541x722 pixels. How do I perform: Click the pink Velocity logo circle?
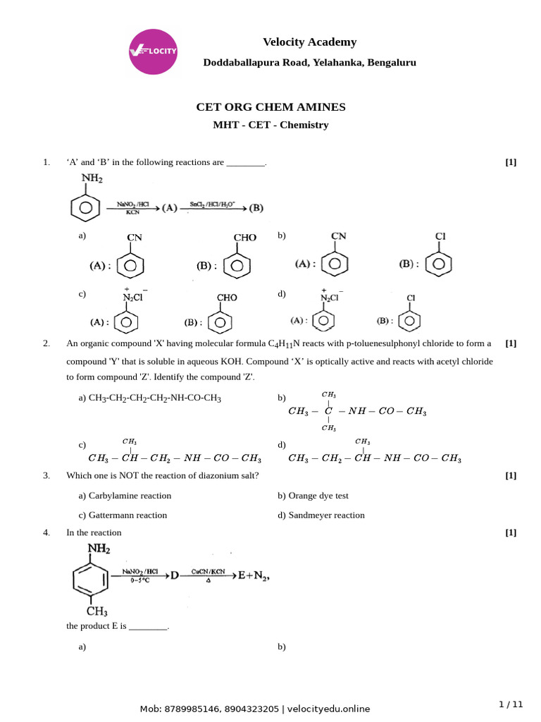(x=153, y=51)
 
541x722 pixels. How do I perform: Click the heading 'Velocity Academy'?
(x=309, y=42)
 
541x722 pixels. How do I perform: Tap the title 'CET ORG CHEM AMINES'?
(x=270, y=107)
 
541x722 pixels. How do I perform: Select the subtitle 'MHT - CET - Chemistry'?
(x=270, y=125)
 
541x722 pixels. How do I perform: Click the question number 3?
(x=46, y=475)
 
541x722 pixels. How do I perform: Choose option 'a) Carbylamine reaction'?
(x=125, y=496)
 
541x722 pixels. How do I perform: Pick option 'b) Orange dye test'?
(x=313, y=496)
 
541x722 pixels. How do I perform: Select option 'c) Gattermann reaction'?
(x=123, y=515)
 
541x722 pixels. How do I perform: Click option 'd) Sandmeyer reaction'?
(x=321, y=515)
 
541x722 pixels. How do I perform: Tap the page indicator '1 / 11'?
(x=511, y=704)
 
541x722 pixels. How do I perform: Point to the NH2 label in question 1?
(x=92, y=179)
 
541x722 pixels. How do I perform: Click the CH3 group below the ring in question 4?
(x=97, y=611)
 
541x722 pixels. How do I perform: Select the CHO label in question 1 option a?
(x=244, y=238)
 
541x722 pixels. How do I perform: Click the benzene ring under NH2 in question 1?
(x=85, y=209)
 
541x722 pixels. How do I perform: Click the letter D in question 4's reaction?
(x=173, y=575)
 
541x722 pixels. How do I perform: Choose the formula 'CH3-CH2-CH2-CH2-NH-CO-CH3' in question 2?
(x=154, y=398)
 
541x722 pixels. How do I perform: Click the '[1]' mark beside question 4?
(x=511, y=532)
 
